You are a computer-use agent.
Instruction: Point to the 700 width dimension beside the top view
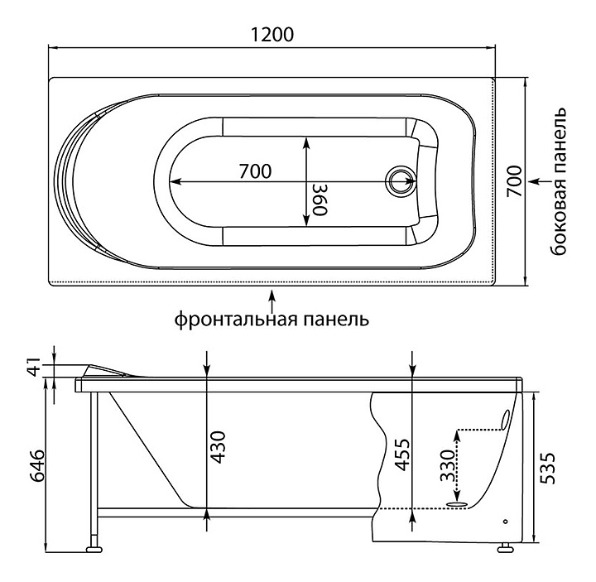pos(513,181)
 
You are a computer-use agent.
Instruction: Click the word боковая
pos(562,221)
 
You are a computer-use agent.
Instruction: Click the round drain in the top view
pos(402,181)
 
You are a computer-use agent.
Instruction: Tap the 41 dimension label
pos(33,365)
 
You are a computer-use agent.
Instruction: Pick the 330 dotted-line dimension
pos(447,467)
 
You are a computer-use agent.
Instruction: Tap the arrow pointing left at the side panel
pos(538,180)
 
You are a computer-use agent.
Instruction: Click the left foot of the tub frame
pos(94,547)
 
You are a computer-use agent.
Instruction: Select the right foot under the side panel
pos(503,546)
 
